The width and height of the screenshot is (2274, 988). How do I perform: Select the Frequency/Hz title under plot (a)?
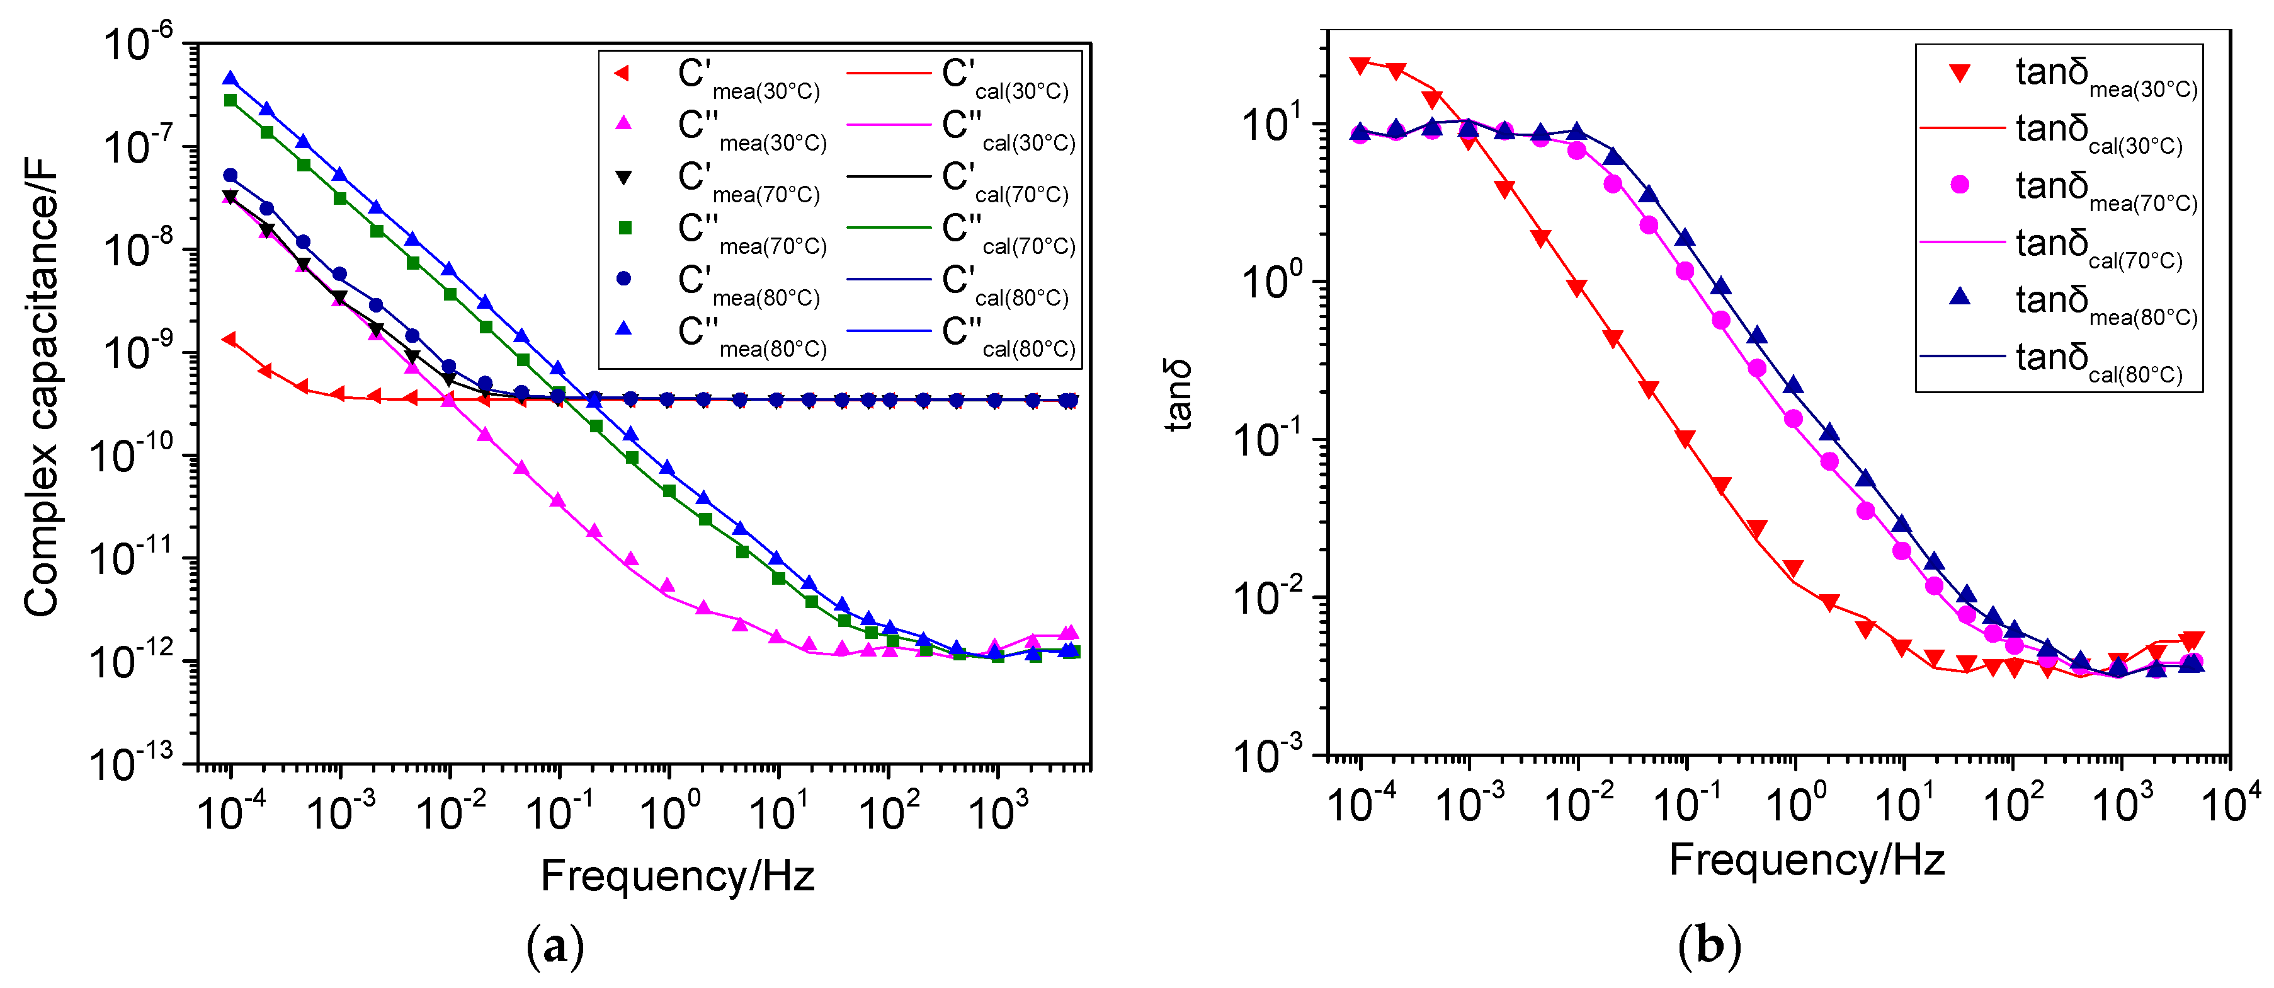[677, 876]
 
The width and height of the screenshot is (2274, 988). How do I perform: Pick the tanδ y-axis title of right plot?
[1178, 394]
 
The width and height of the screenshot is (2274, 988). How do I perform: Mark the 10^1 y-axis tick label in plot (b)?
[1271, 125]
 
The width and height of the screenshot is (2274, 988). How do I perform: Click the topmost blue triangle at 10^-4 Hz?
[230, 79]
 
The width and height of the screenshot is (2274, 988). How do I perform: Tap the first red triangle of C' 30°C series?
[229, 339]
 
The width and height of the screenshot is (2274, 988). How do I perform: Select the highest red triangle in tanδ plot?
[1360, 64]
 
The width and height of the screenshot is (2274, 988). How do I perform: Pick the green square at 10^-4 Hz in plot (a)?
[230, 100]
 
